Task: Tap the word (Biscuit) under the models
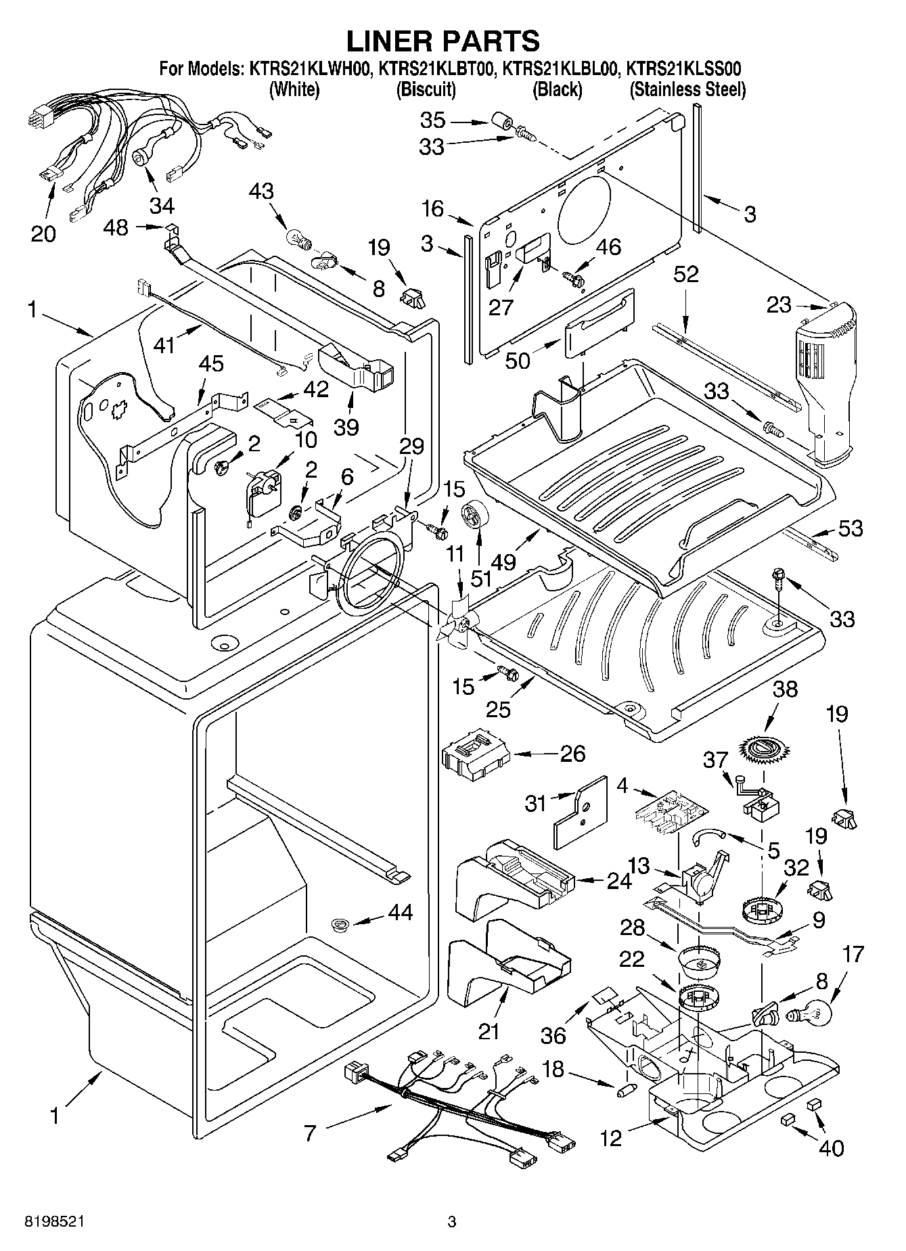tap(426, 89)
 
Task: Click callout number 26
tap(572, 753)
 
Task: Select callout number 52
tap(686, 273)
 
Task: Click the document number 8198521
tap(55, 1222)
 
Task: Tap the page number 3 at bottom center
tap(452, 1222)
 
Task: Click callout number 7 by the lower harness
tap(310, 1133)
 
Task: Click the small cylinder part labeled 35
tap(501, 123)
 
